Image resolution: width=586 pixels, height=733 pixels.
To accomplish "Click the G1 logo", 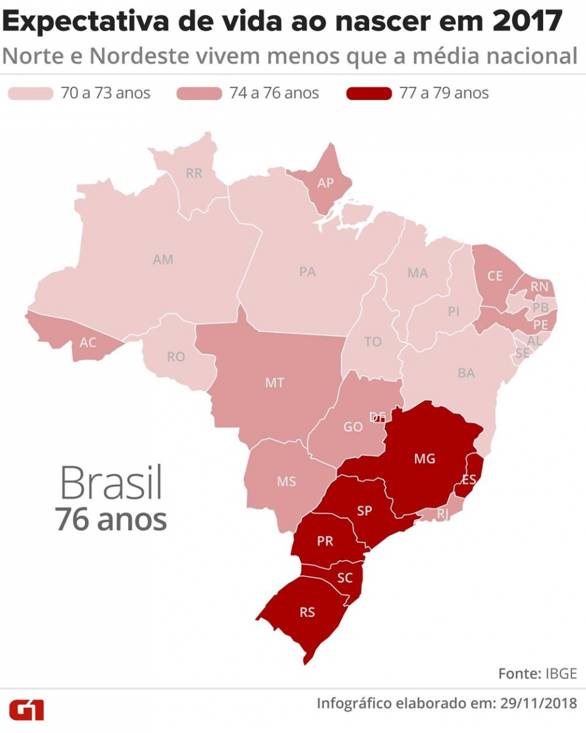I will pos(27,710).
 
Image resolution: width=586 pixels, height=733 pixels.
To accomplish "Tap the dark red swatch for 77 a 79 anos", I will pos(368,93).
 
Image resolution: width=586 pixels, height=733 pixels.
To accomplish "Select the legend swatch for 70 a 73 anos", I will pos(30,93).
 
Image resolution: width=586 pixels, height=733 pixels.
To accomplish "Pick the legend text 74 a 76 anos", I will pos(274,93).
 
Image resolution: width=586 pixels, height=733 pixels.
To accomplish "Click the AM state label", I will pos(163,260).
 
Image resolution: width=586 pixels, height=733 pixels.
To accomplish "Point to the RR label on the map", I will pos(194,173).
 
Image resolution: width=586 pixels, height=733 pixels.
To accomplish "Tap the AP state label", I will pos(325,183).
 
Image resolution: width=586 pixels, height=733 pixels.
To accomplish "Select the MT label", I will pos(274,383).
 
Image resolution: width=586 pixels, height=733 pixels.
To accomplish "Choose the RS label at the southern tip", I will pos(307,612).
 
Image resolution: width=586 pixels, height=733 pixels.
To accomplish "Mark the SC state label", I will pos(345,577).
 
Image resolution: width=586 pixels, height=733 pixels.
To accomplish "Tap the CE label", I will pos(494,276).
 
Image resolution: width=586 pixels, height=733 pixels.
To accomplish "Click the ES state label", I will pos(469,480).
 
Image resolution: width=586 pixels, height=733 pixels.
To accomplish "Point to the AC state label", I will pos(88,343).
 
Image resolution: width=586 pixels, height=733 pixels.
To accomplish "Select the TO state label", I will pos(373,342).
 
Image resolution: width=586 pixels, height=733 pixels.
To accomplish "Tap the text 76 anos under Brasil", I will pos(111,520).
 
